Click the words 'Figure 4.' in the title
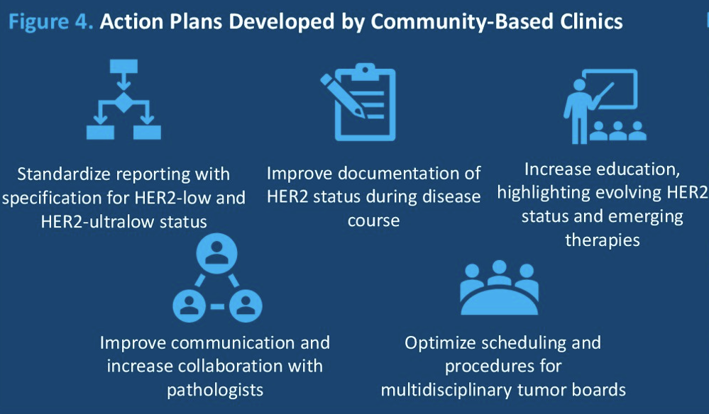51,22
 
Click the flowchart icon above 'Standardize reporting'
123,99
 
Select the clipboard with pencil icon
358,102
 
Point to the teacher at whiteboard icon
604,106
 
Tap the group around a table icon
499,287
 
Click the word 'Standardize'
63,174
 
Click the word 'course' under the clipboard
373,220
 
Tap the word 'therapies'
603,240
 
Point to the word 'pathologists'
215,390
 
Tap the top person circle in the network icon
217,254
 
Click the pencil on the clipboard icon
343,95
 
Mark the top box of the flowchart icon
123,66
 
